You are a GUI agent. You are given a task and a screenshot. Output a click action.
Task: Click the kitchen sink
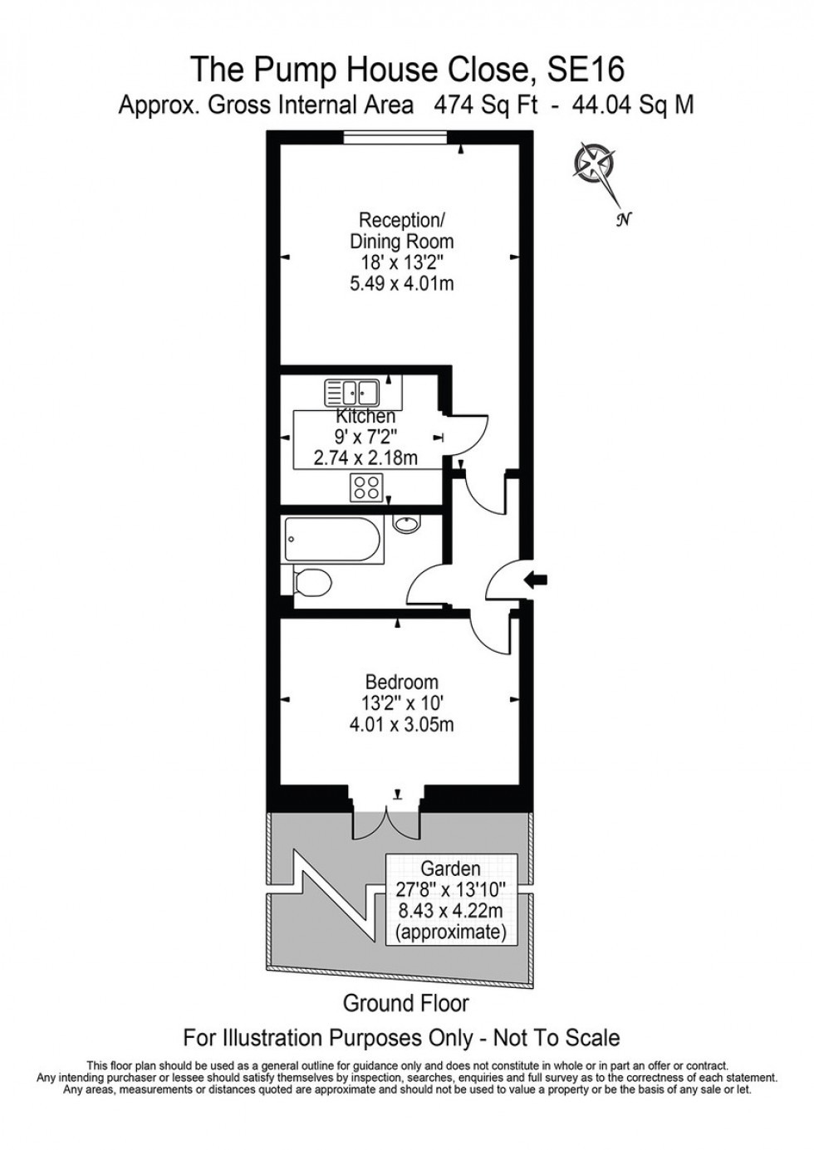coord(352,390)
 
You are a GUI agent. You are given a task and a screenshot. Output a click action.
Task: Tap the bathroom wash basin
coord(406,525)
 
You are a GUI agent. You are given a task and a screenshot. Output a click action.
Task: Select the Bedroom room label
coord(402,682)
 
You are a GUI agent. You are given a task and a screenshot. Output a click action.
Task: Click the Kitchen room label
coord(365,417)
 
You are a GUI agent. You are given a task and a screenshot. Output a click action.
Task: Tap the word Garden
coord(450,869)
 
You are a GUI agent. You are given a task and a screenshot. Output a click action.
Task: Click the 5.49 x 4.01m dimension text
coord(401,284)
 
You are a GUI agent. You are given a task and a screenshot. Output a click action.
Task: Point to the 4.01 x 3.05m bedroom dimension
coord(402,725)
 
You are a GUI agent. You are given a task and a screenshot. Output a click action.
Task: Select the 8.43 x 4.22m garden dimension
coord(451,911)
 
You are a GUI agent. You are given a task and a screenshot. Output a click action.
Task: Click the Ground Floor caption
coord(406,1003)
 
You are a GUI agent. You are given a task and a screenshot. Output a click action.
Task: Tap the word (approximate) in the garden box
coord(451,932)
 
